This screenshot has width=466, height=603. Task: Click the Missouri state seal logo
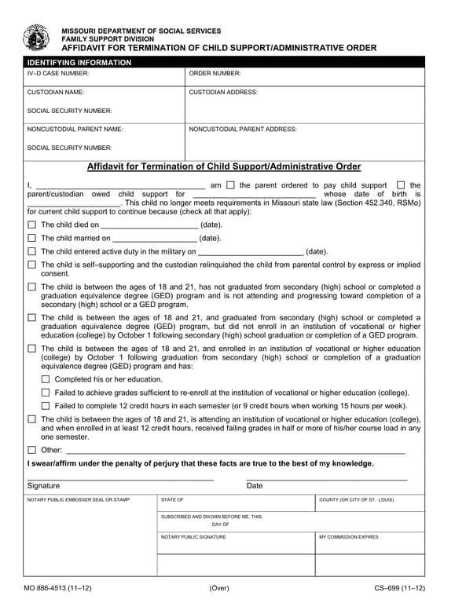point(36,38)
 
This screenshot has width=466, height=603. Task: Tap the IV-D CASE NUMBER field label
point(58,73)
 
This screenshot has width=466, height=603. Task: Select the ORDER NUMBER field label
point(215,73)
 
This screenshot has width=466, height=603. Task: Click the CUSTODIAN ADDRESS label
point(223,92)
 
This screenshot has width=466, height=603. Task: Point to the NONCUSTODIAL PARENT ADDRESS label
point(243,129)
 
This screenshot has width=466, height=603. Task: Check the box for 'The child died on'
point(32,225)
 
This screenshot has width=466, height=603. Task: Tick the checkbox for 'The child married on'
point(32,238)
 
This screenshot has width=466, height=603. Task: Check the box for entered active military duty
point(32,252)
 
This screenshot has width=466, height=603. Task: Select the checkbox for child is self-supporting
point(32,265)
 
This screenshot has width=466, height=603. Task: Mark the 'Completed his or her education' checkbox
point(46,379)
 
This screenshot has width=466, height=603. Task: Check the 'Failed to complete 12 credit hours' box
point(46,406)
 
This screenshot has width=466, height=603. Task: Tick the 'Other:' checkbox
point(32,450)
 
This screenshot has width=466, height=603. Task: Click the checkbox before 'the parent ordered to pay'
point(230,185)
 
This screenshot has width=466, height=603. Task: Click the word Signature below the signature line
point(43,486)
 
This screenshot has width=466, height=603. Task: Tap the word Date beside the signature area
point(255,486)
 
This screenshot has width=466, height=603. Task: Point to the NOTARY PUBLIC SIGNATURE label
point(193,537)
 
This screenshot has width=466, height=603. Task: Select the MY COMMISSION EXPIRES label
point(348,537)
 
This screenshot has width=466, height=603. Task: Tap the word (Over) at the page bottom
point(219,588)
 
